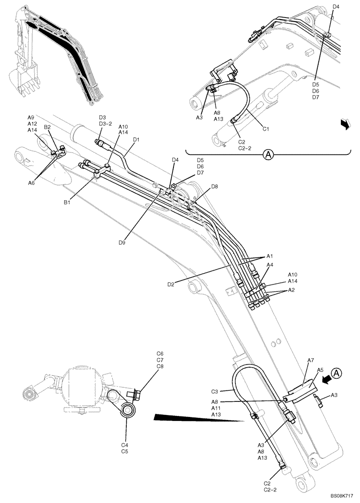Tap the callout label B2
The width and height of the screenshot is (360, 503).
[x=47, y=127]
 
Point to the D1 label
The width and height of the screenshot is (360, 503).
[x=136, y=139]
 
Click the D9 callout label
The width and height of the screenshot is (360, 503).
[x=122, y=242]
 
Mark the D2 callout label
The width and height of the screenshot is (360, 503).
[x=171, y=285]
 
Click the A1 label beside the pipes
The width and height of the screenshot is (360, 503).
[x=269, y=256]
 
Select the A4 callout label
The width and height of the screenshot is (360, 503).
[x=269, y=265]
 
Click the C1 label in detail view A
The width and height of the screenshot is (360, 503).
[x=266, y=129]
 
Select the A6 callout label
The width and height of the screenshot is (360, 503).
[x=31, y=169]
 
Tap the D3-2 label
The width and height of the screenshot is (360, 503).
[x=106, y=123]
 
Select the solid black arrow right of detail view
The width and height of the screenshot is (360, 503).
[x=344, y=124]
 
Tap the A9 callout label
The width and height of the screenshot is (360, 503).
[x=31, y=117]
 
